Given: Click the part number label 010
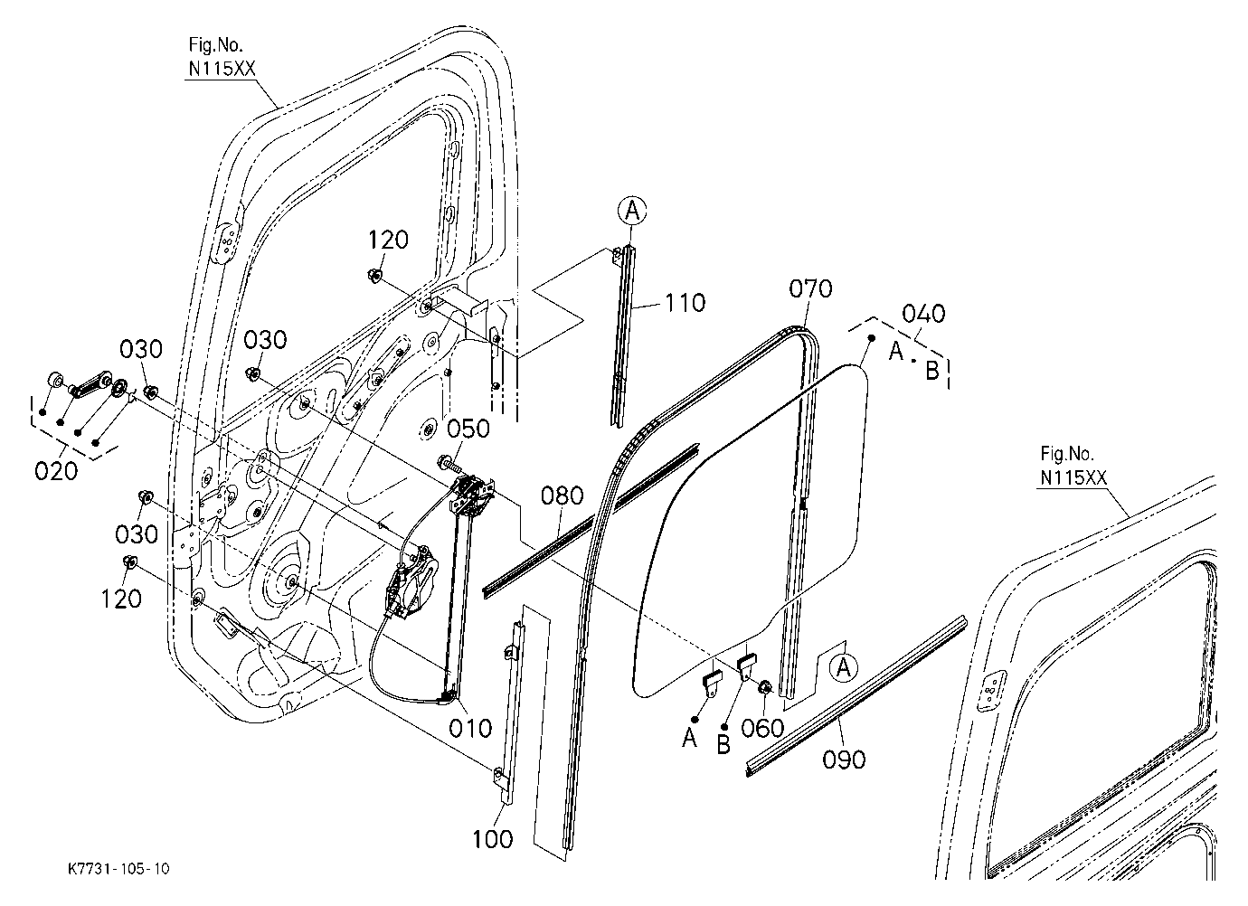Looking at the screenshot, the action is (470, 728).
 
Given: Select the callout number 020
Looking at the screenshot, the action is (56, 471).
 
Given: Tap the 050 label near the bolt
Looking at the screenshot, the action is (468, 429).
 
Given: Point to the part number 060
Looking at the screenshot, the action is (762, 728).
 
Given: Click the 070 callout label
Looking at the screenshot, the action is (811, 288).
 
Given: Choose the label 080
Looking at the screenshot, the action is (563, 495).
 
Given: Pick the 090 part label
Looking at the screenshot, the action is (844, 760).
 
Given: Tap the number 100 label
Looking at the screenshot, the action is (493, 839).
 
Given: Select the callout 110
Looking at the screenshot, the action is (685, 303).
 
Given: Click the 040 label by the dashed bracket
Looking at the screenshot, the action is (923, 314).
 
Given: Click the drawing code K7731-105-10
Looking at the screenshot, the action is (118, 869).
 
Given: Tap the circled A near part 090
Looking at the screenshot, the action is (844, 667).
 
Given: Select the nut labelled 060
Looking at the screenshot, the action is (764, 687).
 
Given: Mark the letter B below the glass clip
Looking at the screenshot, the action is (723, 745).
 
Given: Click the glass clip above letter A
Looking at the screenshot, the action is (713, 684).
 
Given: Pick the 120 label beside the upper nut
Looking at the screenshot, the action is (388, 241).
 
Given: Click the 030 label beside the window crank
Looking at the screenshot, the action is (141, 349).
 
